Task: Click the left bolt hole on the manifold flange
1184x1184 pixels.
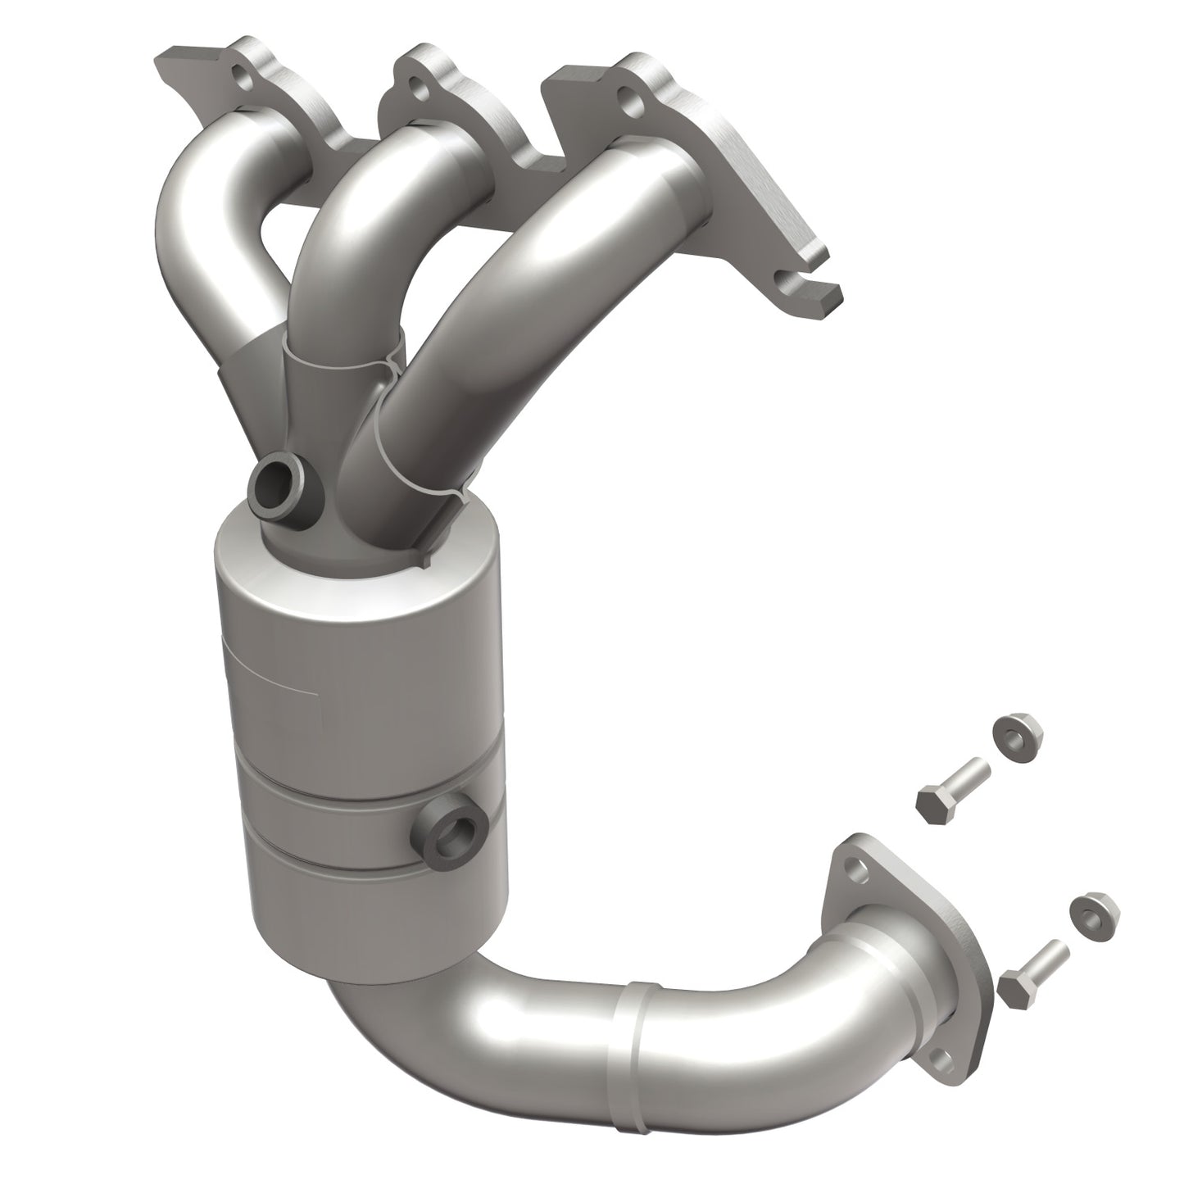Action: (x=241, y=81)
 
